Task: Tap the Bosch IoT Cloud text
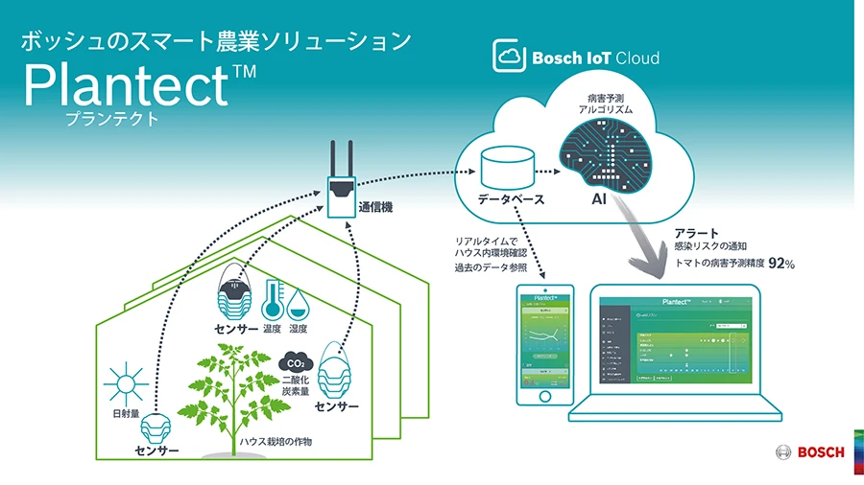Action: click(595, 58)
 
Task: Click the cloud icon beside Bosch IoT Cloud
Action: click(508, 57)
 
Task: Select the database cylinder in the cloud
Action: click(511, 168)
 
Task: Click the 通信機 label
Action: click(376, 205)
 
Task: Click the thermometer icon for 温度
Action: click(272, 298)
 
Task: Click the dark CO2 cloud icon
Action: click(296, 363)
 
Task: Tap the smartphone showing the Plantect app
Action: click(544, 344)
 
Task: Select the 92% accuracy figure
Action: click(781, 263)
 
